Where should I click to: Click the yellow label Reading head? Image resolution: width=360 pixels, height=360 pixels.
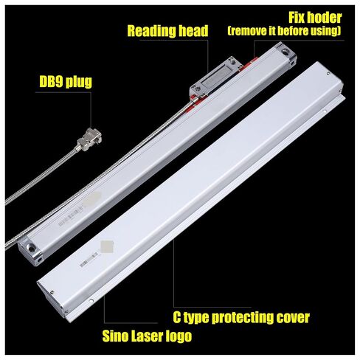[167, 31]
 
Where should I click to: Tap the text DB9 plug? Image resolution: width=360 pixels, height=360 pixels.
[66, 82]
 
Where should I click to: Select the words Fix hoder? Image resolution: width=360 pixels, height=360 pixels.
[315, 18]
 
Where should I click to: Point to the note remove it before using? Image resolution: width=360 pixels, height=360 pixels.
[284, 31]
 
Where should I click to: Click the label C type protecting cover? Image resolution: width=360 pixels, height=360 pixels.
[241, 317]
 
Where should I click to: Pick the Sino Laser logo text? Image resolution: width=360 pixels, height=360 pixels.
[147, 336]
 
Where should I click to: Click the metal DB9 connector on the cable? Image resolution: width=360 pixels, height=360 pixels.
[89, 139]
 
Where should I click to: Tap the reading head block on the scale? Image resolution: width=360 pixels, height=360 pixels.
[215, 78]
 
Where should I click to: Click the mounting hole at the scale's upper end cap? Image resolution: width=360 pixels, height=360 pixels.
[285, 52]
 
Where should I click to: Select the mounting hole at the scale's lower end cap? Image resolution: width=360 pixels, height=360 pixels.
[31, 247]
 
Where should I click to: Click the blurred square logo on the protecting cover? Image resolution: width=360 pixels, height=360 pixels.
[107, 246]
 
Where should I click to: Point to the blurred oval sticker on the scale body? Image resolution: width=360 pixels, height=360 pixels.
[91, 198]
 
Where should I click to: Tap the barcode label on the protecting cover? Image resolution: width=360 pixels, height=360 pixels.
[89, 259]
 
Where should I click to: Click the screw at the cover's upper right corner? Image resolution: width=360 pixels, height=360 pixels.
[328, 73]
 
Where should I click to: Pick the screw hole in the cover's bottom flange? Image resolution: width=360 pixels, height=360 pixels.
[91, 300]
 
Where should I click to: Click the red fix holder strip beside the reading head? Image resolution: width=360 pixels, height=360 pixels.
[250, 63]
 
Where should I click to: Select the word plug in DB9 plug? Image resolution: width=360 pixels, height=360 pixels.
[79, 82]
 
